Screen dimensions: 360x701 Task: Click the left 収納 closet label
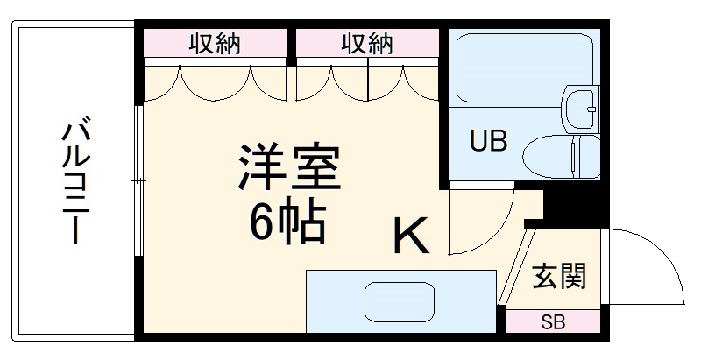(216, 43)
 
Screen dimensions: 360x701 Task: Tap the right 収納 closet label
(367, 43)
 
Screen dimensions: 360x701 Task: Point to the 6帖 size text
(287, 223)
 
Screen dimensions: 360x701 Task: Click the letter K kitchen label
(409, 236)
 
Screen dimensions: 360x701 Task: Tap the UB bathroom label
(487, 143)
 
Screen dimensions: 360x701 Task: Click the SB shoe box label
(552, 321)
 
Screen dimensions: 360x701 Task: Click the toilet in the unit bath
(561, 157)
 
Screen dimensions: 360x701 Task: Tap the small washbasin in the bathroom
(579, 107)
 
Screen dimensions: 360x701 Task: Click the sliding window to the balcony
(138, 181)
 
